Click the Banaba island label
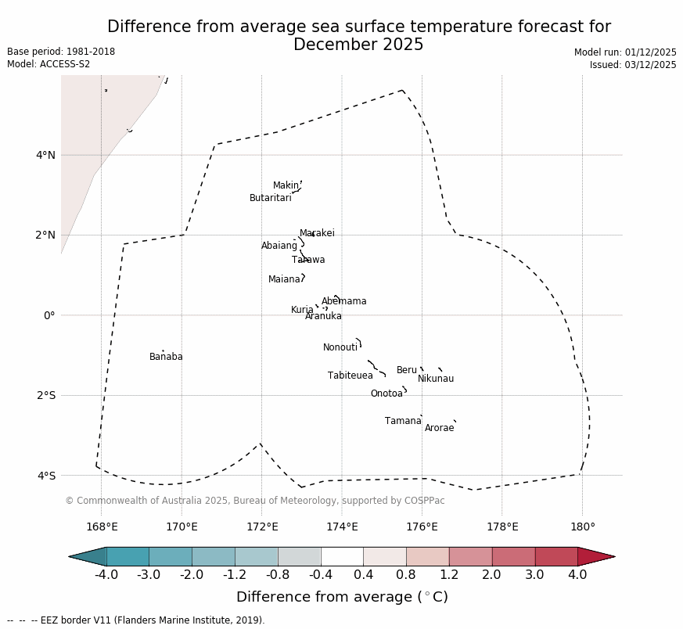pos(166,358)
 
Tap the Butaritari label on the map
pos(270,199)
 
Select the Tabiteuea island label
pos(350,376)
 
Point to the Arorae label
pos(439,429)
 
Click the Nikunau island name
pos(436,379)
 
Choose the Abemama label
pos(344,302)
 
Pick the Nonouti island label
pos(340,348)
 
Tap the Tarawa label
pos(308,261)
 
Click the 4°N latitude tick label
pos(45,155)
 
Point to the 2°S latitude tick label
pos(45,395)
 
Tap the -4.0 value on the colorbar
pos(106,576)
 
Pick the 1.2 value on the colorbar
pos(449,576)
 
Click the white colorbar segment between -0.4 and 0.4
pos(342,556)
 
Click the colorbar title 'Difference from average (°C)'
pos(342,598)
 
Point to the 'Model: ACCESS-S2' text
pos(49,64)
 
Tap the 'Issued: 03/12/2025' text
pos(632,65)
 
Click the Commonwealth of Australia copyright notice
pos(255,501)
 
